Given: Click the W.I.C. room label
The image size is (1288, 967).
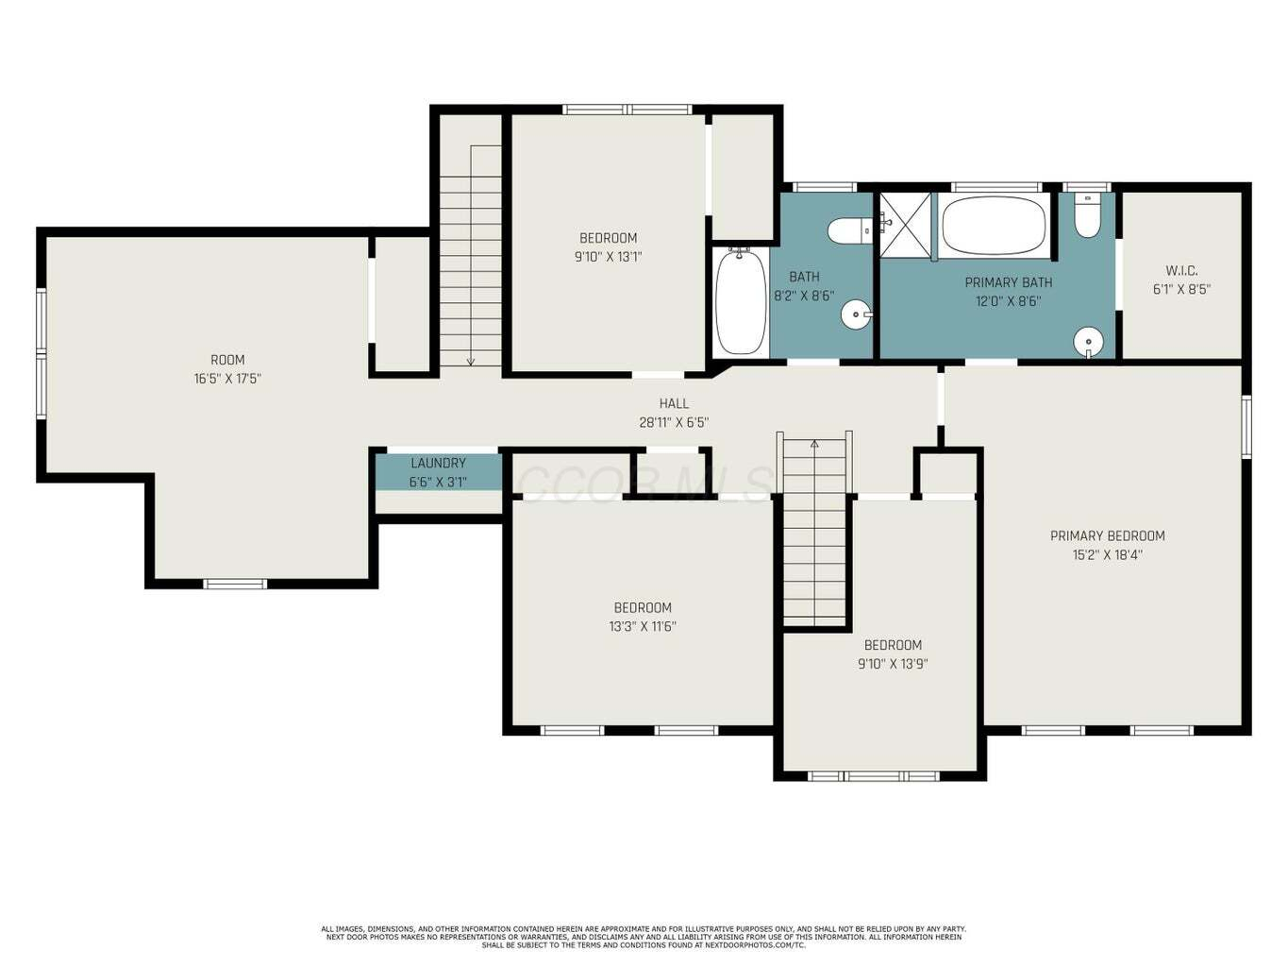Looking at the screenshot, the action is pos(1181,271).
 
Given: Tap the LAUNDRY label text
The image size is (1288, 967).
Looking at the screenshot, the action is pos(438,463).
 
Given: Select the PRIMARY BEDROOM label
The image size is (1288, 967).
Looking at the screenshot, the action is pos(1107,535).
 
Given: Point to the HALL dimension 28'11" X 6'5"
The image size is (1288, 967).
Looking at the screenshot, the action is pos(674,422).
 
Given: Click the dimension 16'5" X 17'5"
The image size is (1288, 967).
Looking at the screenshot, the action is pos(227,379).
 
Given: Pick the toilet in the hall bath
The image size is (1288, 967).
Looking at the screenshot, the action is pos(851,230).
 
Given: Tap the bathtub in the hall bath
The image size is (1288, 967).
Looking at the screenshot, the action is pos(741,302).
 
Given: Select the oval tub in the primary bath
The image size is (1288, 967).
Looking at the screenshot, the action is pos(994,225).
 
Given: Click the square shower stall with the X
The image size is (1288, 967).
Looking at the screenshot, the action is pos(905,225).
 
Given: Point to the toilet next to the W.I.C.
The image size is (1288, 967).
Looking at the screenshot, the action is pos(1087,215).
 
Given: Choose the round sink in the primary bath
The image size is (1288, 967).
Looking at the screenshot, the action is pos(1089,341).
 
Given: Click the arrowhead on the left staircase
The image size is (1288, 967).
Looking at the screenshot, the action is pos(471,362).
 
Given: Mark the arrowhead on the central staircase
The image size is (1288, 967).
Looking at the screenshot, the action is pos(814,444).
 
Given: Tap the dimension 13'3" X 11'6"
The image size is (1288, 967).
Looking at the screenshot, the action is pos(643,626).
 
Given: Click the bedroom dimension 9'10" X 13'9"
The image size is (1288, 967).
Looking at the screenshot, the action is pos(893,664).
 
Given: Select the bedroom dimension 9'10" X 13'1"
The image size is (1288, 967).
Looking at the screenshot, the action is pos(609,257).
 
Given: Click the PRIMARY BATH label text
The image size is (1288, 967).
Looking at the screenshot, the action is pos(1009,282).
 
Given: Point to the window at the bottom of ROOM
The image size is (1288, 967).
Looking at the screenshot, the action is pos(235,584).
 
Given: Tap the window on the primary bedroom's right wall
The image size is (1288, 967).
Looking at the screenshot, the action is pos(1246,427).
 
